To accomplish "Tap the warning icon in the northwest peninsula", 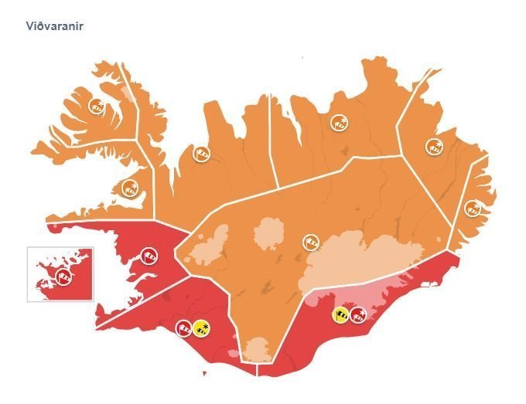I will pyautogui.click(x=97, y=106).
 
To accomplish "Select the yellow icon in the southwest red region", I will pyautogui.click(x=201, y=328).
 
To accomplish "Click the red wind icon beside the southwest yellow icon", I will pyautogui.click(x=184, y=328).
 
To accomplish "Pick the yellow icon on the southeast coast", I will pyautogui.click(x=340, y=314).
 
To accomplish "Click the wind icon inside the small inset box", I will pyautogui.click(x=64, y=274).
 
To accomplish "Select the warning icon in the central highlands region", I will pyautogui.click(x=310, y=242).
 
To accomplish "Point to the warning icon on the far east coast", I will pyautogui.click(x=471, y=208).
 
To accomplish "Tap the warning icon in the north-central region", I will pyautogui.click(x=338, y=121).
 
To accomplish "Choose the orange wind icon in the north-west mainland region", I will pyautogui.click(x=200, y=154).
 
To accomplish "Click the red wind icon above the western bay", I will pyautogui.click(x=149, y=254).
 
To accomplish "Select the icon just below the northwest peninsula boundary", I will pyautogui.click(x=130, y=187).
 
